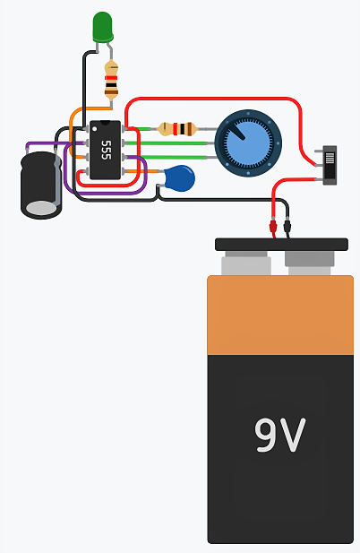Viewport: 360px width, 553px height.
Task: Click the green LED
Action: pos(102,27)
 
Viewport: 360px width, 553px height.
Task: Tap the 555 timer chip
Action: pos(105,148)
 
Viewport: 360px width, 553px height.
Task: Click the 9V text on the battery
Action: pos(280,435)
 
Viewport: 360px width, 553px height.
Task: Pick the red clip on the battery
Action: pos(272,228)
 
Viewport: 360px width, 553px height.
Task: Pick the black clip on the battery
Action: pos(287,228)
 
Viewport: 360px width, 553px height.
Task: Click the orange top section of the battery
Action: pos(280,314)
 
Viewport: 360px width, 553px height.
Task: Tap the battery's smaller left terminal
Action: pos(245,264)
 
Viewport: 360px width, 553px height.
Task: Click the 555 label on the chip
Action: pos(106,149)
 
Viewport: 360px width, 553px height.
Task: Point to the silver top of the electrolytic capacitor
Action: pos(41,208)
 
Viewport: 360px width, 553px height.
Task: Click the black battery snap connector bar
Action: pos(280,244)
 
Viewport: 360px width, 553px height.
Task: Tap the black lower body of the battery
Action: pos(280,466)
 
